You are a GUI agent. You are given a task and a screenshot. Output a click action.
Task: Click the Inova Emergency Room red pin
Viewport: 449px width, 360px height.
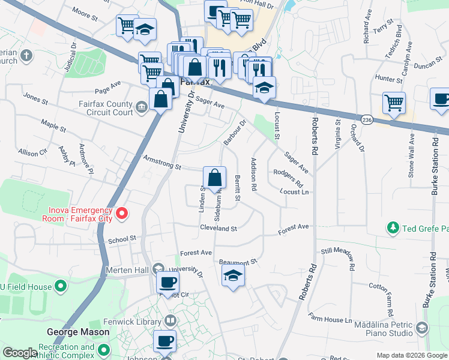tap(122, 214)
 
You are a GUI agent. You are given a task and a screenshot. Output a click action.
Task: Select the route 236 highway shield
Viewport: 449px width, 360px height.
tap(368, 120)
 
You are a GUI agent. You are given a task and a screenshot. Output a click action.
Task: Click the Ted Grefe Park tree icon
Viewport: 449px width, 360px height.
tap(393, 228)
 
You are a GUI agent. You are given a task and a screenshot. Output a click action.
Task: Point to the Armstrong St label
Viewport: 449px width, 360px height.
tap(162, 163)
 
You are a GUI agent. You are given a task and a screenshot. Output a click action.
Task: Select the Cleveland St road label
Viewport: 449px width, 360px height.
tap(218, 229)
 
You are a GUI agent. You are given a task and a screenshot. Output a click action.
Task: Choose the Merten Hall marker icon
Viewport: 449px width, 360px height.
tap(158, 268)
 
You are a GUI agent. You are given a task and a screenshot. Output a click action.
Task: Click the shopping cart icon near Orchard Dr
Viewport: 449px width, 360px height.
tap(394, 103)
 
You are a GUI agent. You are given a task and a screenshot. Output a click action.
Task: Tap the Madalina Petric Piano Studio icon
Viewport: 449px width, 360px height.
tap(423, 328)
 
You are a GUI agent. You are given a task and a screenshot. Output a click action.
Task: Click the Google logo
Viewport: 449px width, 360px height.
tap(20, 353)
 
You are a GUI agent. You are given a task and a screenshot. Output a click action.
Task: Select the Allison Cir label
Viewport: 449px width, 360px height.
tap(32, 153)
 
